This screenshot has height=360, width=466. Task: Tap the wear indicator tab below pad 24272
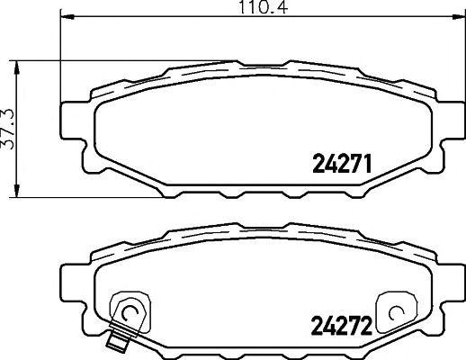click(x=115, y=341)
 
